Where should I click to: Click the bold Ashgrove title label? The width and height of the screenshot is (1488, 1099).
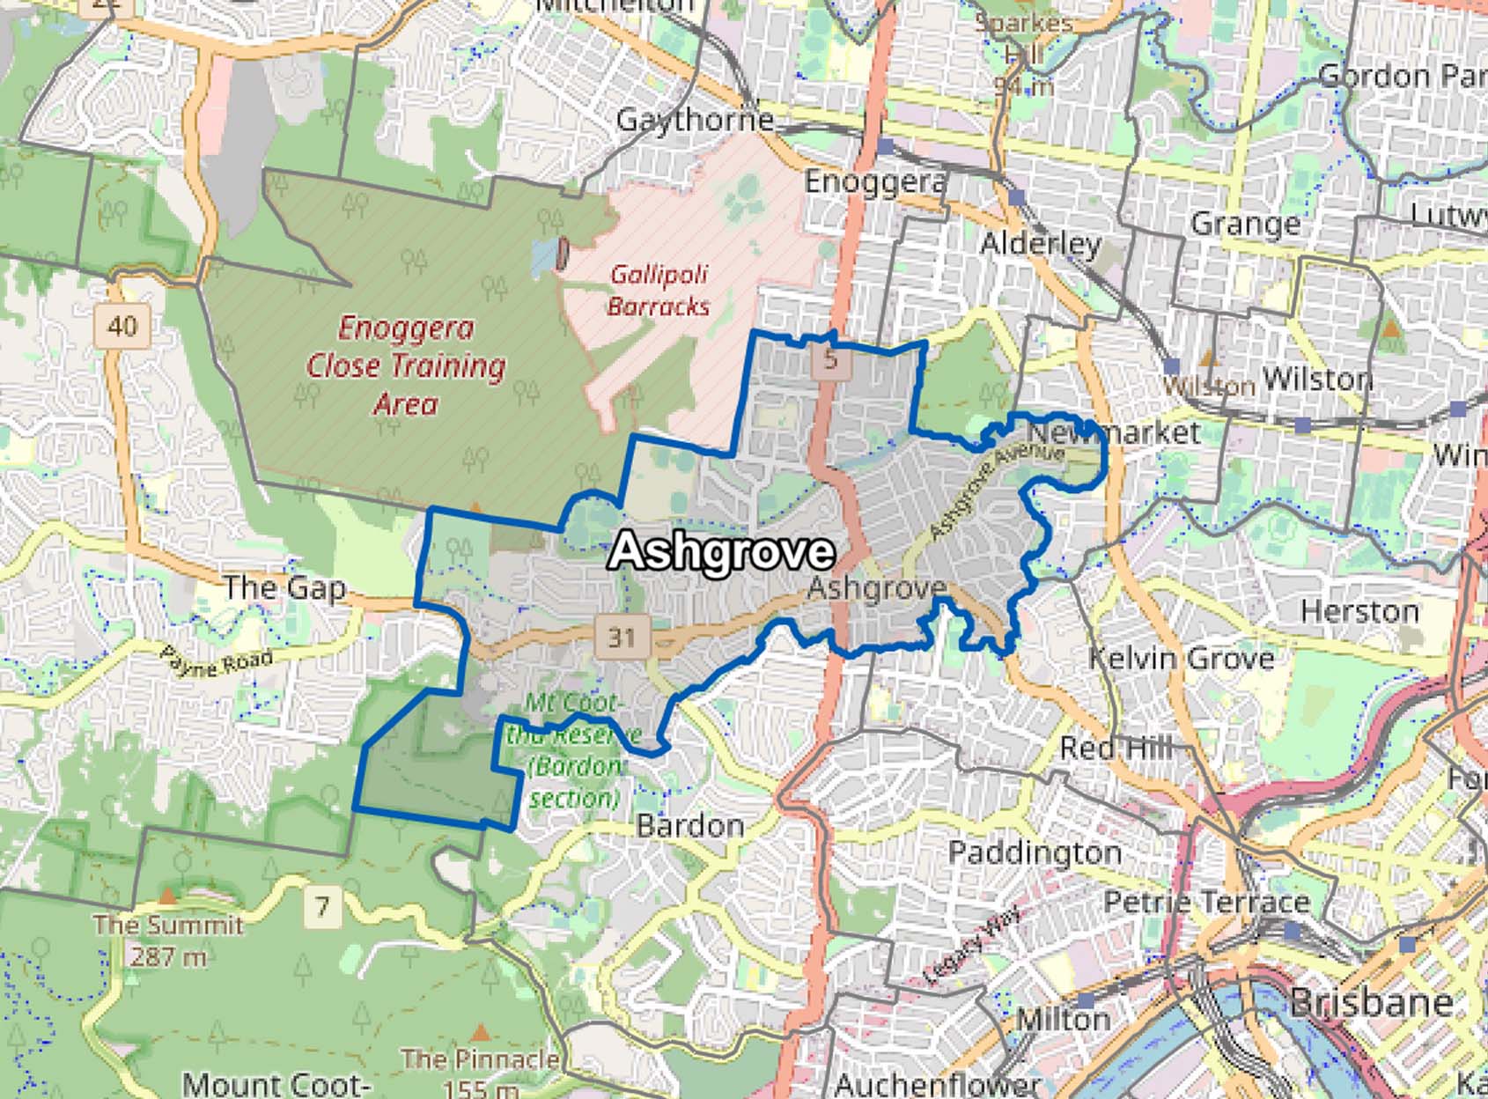point(721,551)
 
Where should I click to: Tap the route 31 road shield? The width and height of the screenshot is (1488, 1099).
point(622,636)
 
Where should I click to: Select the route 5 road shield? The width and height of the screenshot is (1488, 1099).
point(831,359)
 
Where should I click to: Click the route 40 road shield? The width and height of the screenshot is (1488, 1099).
point(122,327)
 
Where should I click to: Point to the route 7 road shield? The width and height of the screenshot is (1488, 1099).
point(323,906)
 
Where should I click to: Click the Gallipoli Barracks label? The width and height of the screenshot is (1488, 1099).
point(659,291)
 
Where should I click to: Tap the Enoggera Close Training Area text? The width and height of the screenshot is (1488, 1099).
point(406,365)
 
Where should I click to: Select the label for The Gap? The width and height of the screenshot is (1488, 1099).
point(284,587)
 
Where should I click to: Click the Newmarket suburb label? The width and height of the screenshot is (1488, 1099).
point(1113,432)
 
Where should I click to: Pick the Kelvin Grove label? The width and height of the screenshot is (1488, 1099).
point(1181,658)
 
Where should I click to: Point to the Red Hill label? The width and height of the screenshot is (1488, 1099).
point(1116,749)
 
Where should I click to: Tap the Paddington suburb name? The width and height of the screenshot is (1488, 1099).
point(1035,852)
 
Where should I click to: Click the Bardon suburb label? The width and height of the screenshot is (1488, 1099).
point(689,825)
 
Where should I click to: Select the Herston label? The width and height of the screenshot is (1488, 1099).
point(1359,610)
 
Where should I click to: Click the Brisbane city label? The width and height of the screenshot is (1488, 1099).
point(1371,1002)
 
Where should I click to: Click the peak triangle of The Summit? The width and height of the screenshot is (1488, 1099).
point(167,896)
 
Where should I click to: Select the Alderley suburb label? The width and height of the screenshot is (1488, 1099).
point(1040,243)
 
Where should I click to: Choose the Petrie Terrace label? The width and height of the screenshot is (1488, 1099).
point(1205,902)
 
